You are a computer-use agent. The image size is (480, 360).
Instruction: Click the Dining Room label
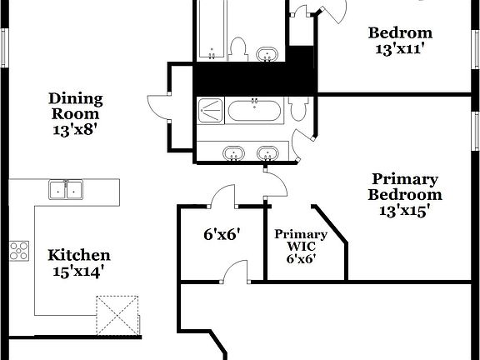74,106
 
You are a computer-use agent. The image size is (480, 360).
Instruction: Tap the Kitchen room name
78,255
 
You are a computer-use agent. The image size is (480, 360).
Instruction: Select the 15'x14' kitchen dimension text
78,271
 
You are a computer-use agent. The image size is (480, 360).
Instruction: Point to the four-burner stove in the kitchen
19,251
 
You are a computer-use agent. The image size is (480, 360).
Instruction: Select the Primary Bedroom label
405,187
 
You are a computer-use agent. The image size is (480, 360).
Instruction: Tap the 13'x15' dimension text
405,211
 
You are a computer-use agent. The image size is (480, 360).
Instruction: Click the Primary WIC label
301,240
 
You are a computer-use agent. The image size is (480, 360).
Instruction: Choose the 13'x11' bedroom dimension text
400,49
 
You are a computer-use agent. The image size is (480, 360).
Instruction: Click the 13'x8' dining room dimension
74,129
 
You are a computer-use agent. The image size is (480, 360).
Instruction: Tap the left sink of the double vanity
234,152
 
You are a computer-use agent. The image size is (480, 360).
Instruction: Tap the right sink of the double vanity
267,152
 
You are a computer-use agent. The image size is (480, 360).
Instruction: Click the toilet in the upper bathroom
237,47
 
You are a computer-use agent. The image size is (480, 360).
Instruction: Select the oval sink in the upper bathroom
268,53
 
